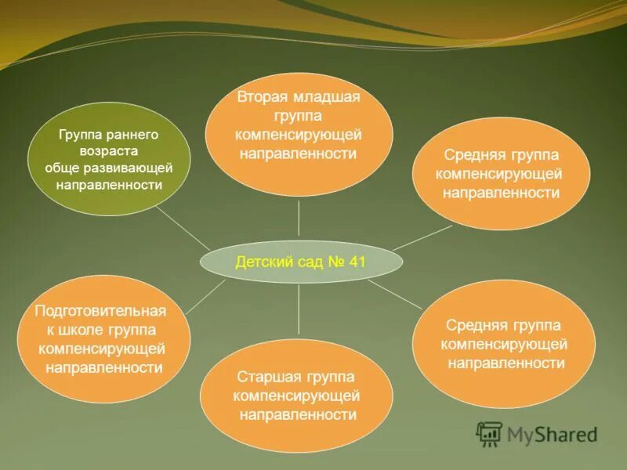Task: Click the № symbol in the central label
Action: tap(335, 262)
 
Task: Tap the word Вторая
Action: tap(264, 97)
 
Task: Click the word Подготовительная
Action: tap(100, 310)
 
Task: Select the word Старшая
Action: tap(263, 378)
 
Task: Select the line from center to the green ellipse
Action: tap(183, 228)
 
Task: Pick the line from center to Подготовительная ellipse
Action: tap(207, 296)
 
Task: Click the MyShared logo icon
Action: tap(490, 433)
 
